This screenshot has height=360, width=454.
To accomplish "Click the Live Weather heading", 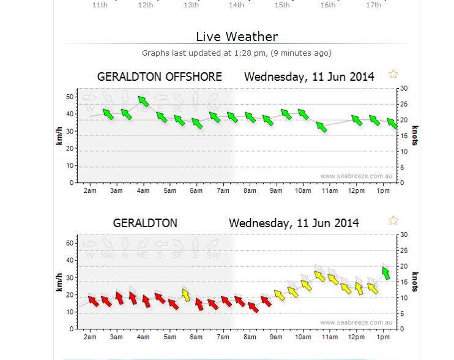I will pyautogui.click(x=237, y=37).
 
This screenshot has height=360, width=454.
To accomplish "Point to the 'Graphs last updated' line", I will pyautogui.click(x=237, y=53).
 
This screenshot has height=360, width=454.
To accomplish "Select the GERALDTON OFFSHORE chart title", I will pyautogui.click(x=159, y=77).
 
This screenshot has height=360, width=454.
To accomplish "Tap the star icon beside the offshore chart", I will pyautogui.click(x=393, y=74).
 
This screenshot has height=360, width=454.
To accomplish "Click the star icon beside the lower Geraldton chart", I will pyautogui.click(x=393, y=220).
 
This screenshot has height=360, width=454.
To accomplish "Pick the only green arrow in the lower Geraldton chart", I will pyautogui.click(x=385, y=272).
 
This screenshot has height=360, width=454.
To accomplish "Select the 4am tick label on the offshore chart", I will pyautogui.click(x=143, y=191).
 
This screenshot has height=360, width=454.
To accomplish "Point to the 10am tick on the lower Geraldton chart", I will pyautogui.click(x=302, y=337).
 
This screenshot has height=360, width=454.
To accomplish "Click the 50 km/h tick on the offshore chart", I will pyautogui.click(x=70, y=97).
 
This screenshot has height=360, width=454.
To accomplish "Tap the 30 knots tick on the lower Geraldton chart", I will pyautogui.click(x=403, y=234).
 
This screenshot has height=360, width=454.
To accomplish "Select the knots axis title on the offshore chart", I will pyautogui.click(x=415, y=135).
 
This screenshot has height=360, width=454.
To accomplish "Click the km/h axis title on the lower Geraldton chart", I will pyautogui.click(x=59, y=282).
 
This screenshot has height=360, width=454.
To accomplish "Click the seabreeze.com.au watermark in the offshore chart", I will pyautogui.click(x=355, y=176).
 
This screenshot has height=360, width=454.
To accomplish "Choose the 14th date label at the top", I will pyautogui.click(x=236, y=5).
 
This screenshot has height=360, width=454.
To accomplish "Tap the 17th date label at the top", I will pyautogui.click(x=373, y=5).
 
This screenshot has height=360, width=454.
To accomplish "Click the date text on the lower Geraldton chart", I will pyautogui.click(x=294, y=223).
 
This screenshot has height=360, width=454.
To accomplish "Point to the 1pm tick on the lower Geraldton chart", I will pyautogui.click(x=382, y=337).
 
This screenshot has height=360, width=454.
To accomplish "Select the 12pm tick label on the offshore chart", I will pyautogui.click(x=357, y=191).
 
